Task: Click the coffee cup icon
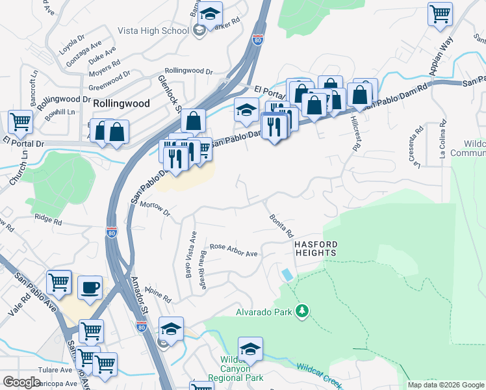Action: click(90, 287)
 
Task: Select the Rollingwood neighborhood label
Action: click(121, 103)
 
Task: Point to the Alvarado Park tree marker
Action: click(301, 312)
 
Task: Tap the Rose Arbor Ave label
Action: click(234, 250)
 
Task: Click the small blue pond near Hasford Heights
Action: click(287, 274)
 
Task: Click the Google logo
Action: click(21, 382)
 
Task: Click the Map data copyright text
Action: click(445, 385)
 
